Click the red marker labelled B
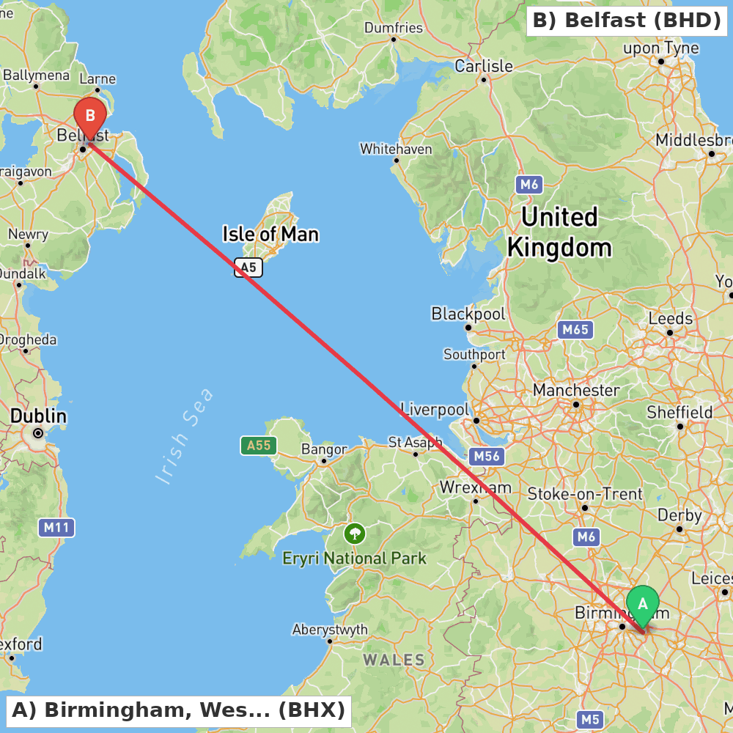point(90,117)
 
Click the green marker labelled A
point(643,605)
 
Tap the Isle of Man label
point(270,235)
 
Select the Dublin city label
point(38,416)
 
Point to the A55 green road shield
point(259,445)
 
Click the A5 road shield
point(248,268)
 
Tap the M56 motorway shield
point(486,457)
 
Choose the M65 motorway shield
point(575,330)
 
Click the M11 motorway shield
point(56,527)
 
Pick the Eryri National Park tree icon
point(355,533)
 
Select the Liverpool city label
point(434,409)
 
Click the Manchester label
point(576,390)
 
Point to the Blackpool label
point(468,314)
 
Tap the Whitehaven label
point(396,149)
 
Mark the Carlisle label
point(484,66)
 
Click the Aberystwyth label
point(330,630)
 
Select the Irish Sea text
point(185,436)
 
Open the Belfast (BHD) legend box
point(627,21)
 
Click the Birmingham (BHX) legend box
point(178,710)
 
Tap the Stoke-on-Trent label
point(585,494)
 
